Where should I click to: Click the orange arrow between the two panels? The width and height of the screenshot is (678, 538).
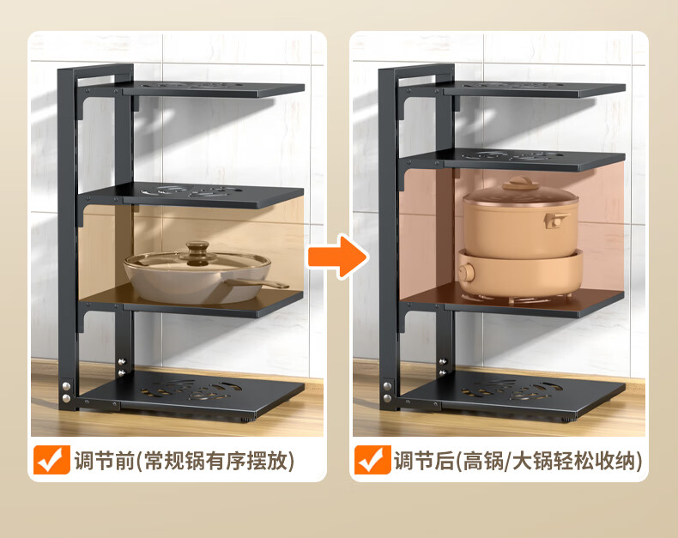pos(338,257)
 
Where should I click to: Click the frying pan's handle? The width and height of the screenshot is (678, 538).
pos(258,283)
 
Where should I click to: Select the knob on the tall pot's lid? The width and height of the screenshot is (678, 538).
pos(520,182)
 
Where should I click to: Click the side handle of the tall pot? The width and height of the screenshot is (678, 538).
pos(556,220)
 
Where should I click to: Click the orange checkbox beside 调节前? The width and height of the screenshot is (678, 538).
pos(51,460)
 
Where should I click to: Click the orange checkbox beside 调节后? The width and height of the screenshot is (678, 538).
pos(372,460)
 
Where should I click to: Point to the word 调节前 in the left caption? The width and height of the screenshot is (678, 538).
pos(105,460)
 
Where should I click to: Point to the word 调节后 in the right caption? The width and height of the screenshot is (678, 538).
pos(424,460)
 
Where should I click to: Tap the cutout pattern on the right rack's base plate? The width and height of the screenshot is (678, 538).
pos(511,390)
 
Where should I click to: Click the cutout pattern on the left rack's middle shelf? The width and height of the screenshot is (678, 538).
pos(191,191)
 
